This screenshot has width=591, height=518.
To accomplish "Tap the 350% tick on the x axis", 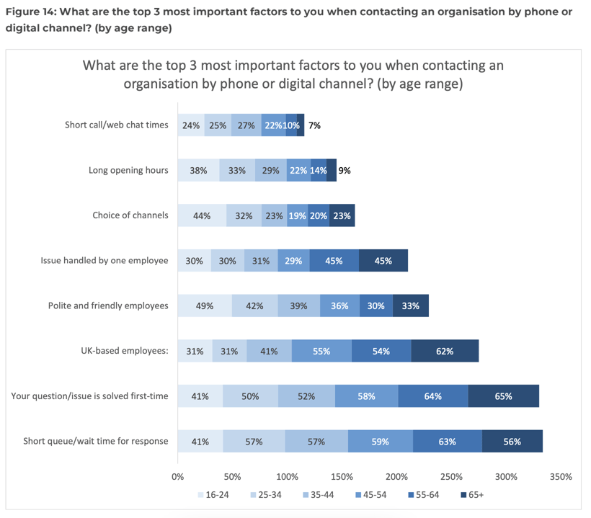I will click(x=560, y=477).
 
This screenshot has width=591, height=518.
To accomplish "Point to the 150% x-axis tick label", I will click(x=342, y=477).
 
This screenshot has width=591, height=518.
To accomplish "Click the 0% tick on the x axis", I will click(x=177, y=477).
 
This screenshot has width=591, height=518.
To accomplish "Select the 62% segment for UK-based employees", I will click(x=445, y=351).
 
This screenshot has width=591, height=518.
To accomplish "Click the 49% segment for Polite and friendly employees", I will click(x=205, y=305).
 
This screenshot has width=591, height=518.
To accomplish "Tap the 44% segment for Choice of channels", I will click(x=202, y=215).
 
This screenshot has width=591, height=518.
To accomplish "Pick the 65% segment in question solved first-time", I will click(x=503, y=396).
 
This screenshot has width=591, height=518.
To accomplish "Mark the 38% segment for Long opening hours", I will click(x=198, y=170).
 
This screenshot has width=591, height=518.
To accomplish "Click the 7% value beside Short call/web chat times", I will click(x=314, y=125).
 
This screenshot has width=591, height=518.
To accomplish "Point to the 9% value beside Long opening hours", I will click(x=345, y=170).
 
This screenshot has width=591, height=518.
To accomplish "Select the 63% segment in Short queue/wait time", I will click(x=447, y=441).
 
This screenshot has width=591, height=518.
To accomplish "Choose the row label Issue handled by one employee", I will click(x=105, y=261).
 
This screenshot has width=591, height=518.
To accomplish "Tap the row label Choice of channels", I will click(x=130, y=215).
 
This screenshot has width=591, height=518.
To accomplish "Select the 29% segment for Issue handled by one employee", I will click(x=293, y=261).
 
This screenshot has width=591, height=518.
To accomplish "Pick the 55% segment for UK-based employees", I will click(x=321, y=351).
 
